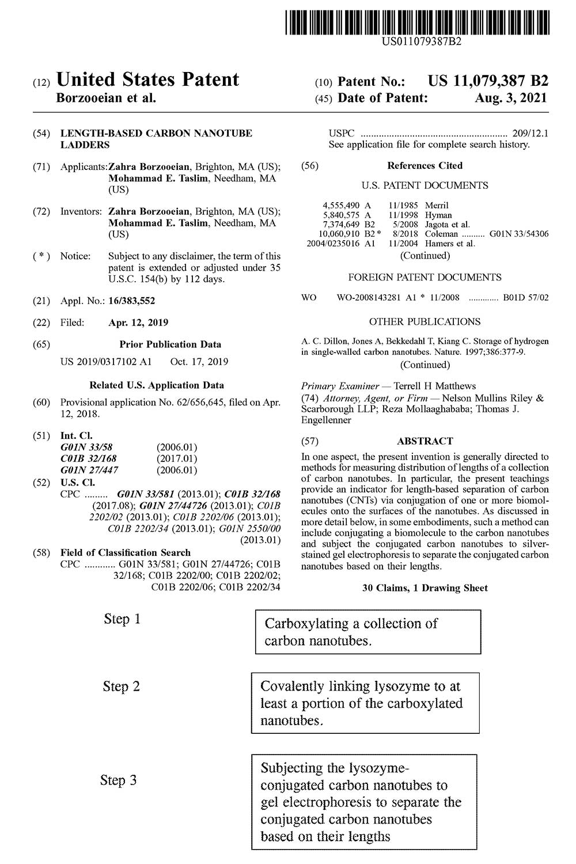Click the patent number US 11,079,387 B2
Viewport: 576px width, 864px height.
point(488,81)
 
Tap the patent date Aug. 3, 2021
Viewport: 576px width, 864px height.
point(511,98)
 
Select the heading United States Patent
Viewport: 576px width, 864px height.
point(147,79)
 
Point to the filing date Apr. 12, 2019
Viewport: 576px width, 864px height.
point(138,323)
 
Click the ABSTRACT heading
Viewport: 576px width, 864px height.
point(425,441)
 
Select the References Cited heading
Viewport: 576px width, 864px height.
point(425,166)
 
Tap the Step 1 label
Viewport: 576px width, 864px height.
point(122,619)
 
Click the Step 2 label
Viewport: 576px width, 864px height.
point(121,687)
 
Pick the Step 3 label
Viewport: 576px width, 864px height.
point(118,780)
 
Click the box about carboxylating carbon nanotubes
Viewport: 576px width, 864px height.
point(368,632)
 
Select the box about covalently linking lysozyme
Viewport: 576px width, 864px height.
point(365,703)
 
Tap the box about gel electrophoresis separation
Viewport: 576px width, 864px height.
point(364,802)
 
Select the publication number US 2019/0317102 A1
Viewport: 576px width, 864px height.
point(106,362)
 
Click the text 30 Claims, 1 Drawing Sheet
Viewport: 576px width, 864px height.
point(425,588)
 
